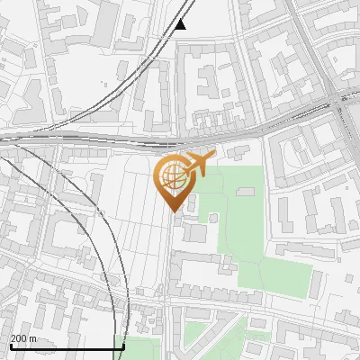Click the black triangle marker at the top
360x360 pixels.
point(181,24)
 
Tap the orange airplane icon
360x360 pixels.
point(201,163)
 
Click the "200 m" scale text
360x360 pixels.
point(23,338)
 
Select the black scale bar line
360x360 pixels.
point(67,346)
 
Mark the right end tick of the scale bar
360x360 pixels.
point(123,344)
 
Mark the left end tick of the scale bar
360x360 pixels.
point(10,344)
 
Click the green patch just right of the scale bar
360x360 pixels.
point(144,343)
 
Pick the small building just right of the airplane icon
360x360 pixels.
point(241,153)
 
